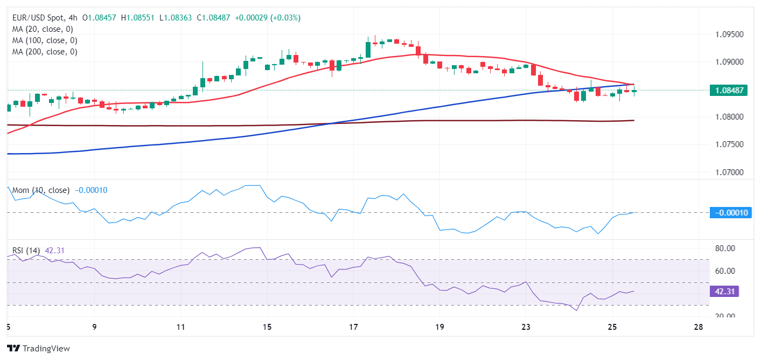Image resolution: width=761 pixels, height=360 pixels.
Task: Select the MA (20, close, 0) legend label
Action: [43, 29]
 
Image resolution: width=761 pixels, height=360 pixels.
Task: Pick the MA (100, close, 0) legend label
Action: [45, 40]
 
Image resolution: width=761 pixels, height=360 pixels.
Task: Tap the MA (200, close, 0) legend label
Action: [45, 52]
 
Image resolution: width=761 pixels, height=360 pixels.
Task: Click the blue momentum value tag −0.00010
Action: [730, 213]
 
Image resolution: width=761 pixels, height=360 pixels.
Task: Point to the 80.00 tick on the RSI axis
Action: [724, 248]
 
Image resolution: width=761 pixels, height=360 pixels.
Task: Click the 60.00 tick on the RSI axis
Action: [724, 271]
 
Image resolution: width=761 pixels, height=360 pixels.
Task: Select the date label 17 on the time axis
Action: [353, 327]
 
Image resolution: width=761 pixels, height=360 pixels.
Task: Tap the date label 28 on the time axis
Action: [699, 327]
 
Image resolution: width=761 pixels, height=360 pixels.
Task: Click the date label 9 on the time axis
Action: [94, 327]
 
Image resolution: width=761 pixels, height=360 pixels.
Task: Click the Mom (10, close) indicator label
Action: [41, 190]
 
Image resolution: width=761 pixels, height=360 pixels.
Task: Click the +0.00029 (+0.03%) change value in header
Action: [269, 18]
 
